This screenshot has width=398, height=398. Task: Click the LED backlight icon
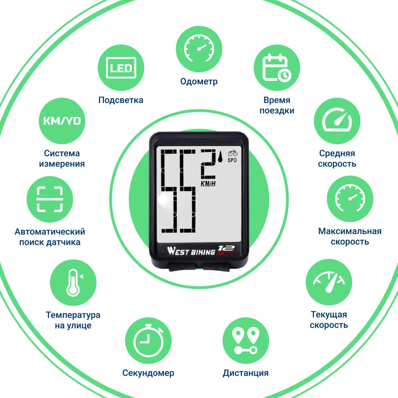pyautogui.click(x=121, y=68)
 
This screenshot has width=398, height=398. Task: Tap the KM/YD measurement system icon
pyautogui.click(x=62, y=121)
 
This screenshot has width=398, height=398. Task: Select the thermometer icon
pyautogui.click(x=73, y=283)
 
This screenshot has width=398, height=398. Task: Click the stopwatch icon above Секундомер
pyautogui.click(x=148, y=341)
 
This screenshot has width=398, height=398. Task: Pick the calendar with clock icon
pyautogui.click(x=277, y=68)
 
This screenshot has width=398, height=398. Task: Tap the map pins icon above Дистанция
pyautogui.click(x=246, y=341)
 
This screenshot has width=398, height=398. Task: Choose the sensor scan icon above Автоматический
pyautogui.click(x=50, y=199)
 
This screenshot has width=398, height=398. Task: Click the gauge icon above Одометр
pyautogui.click(x=199, y=49)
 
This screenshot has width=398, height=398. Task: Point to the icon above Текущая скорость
pyautogui.click(x=329, y=282)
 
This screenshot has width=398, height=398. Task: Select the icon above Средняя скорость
pyautogui.click(x=337, y=121)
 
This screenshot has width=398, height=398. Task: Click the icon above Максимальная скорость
pyautogui.click(x=350, y=199)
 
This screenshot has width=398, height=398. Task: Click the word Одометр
pyautogui.click(x=199, y=81)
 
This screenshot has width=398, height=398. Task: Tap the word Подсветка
pyautogui.click(x=121, y=100)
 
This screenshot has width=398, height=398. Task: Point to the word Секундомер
pyautogui.click(x=148, y=373)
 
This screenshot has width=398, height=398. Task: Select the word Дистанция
pyautogui.click(x=246, y=373)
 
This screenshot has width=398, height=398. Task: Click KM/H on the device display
pyautogui.click(x=208, y=184)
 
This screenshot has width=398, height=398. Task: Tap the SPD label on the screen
pyautogui.click(x=232, y=160)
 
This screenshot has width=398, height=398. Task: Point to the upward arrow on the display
pyautogui.click(x=220, y=156)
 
